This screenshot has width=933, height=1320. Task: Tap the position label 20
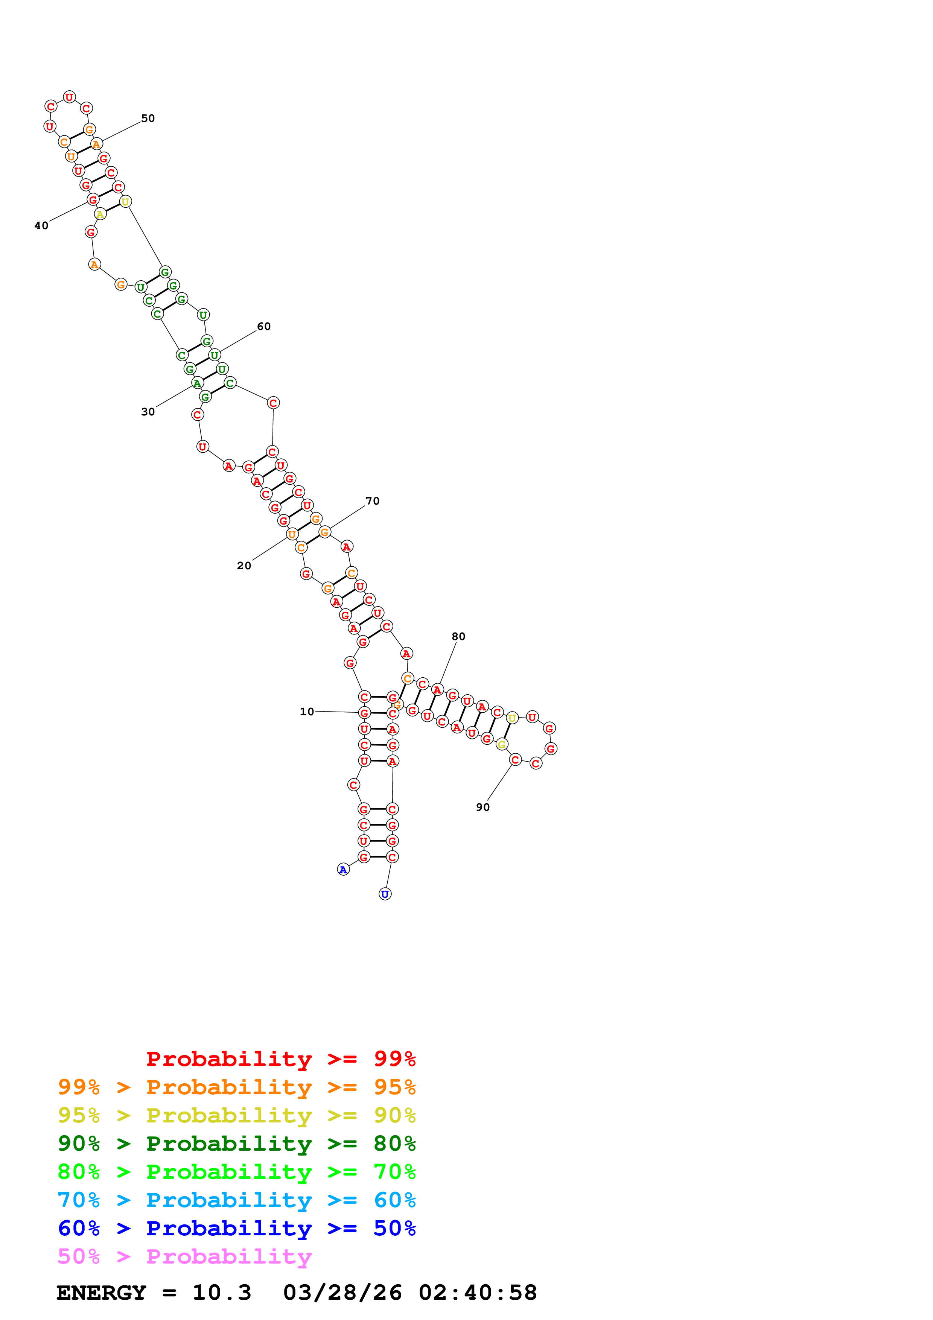click(244, 566)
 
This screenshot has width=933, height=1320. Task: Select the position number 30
click(148, 412)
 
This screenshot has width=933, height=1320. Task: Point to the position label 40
click(41, 225)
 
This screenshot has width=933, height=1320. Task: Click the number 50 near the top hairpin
click(148, 119)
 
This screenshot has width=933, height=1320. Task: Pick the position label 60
click(263, 327)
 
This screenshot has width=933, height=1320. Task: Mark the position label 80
click(458, 636)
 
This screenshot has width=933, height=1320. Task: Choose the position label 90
click(482, 807)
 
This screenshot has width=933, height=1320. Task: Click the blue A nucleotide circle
click(343, 870)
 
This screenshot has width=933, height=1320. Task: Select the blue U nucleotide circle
click(385, 894)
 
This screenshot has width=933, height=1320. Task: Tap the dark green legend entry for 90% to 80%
click(236, 1144)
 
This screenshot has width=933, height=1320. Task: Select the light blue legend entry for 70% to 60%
click(236, 1200)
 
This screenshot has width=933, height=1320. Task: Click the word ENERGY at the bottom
click(101, 1293)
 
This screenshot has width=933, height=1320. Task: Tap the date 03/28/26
click(342, 1293)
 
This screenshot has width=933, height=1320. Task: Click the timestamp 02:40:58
click(477, 1293)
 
